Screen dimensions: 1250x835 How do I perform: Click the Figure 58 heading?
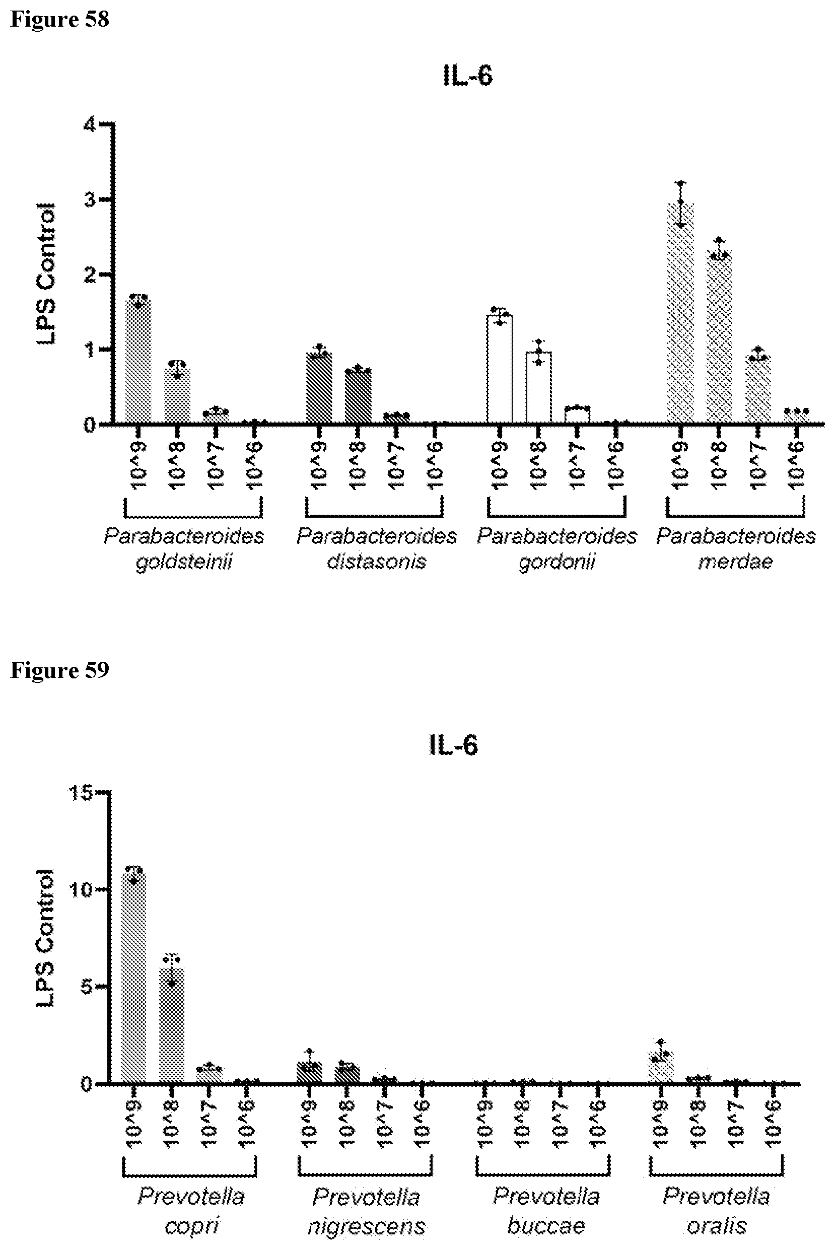(x=59, y=20)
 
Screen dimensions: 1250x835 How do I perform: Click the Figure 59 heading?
(x=59, y=670)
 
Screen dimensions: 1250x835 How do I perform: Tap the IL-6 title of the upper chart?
(x=467, y=76)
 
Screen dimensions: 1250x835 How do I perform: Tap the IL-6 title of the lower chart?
(x=453, y=745)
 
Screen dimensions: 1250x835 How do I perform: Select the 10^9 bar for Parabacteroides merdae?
(x=680, y=314)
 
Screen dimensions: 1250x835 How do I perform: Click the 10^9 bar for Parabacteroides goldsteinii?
(x=138, y=362)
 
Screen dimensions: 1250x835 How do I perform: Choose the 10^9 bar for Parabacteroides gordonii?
(x=500, y=370)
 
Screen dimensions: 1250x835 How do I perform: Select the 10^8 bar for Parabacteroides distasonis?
(x=358, y=397)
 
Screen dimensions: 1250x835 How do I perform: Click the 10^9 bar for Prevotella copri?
(x=133, y=980)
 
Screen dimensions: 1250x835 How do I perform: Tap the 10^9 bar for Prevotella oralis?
(x=660, y=1067)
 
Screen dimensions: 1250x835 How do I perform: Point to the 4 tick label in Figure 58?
(x=89, y=125)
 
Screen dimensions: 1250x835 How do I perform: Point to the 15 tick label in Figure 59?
(x=81, y=793)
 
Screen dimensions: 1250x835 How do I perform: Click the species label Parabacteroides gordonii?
(x=556, y=548)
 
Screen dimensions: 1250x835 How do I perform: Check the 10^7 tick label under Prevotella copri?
(x=210, y=1123)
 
